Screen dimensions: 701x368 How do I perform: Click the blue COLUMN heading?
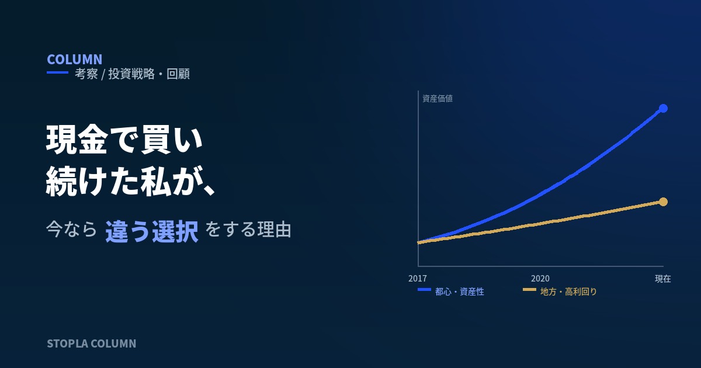75,60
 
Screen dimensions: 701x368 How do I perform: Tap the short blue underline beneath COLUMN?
58,72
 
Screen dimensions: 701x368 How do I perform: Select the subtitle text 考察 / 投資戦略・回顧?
132,74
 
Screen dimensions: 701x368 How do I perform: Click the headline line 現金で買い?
124,139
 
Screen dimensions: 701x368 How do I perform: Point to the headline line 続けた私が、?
130,182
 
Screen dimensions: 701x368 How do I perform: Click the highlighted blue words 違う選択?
152,231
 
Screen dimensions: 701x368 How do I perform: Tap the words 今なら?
71,230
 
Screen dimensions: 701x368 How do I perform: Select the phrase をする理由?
248,230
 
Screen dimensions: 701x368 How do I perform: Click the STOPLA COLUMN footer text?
91,343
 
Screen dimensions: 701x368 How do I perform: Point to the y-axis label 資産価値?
438,99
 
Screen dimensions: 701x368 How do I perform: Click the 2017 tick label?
418,279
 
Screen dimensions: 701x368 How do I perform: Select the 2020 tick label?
540,279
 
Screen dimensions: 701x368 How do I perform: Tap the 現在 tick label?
663,279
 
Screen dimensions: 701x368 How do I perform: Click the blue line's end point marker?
663,108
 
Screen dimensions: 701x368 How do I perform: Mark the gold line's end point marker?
663,202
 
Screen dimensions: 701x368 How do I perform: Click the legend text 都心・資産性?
459,291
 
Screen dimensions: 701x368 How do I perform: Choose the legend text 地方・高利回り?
568,291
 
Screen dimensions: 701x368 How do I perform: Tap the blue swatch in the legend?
424,290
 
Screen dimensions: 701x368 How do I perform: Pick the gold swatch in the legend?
529,290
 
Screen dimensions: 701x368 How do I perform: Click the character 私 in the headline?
155,182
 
